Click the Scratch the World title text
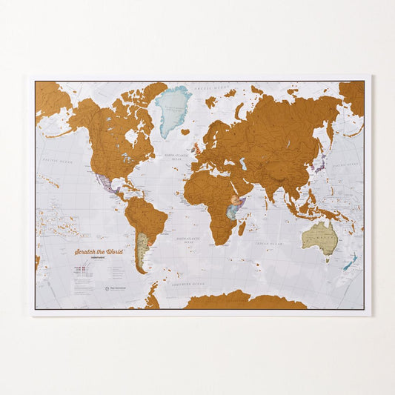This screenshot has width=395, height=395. click(98, 252)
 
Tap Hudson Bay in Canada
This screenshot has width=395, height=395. click(131, 136)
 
